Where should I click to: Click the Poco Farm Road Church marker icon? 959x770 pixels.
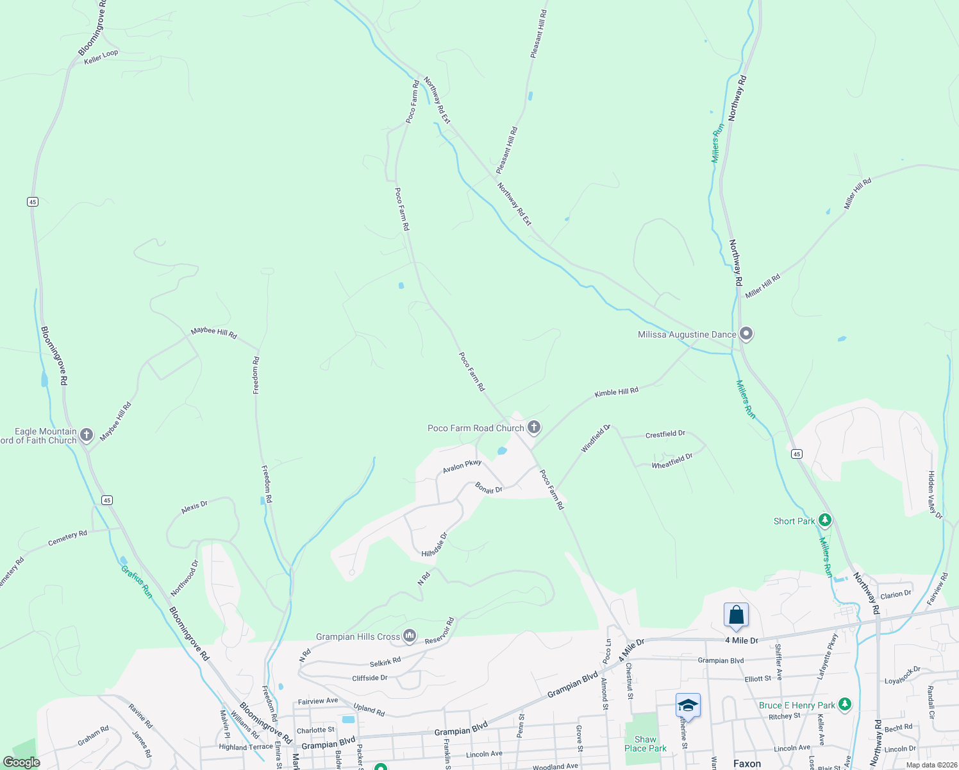pyautogui.click(x=534, y=427)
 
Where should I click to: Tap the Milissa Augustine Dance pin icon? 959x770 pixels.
pyautogui.click(x=746, y=334)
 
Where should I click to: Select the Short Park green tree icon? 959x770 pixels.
pyautogui.click(x=826, y=520)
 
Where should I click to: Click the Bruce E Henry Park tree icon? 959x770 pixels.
pyautogui.click(x=845, y=705)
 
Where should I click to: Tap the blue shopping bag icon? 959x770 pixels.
pyautogui.click(x=737, y=615)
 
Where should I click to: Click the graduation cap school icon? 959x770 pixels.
pyautogui.click(x=688, y=706)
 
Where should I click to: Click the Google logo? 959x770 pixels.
pyautogui.click(x=22, y=762)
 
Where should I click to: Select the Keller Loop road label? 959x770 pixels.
pyautogui.click(x=101, y=57)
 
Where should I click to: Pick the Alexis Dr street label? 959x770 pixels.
pyautogui.click(x=194, y=507)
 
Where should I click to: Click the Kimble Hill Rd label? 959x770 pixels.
pyautogui.click(x=616, y=392)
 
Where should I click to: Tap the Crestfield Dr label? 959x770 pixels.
pyautogui.click(x=665, y=434)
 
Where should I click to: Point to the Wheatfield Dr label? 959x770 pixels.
pyautogui.click(x=672, y=461)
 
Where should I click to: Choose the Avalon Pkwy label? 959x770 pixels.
pyautogui.click(x=462, y=466)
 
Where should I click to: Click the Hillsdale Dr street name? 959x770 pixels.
pyautogui.click(x=435, y=545)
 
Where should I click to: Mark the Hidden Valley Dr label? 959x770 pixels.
pyautogui.click(x=935, y=495)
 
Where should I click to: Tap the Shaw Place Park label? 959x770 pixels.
pyautogui.click(x=645, y=744)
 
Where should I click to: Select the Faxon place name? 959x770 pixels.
pyautogui.click(x=747, y=764)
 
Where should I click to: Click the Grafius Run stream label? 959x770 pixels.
pyautogui.click(x=137, y=581)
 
